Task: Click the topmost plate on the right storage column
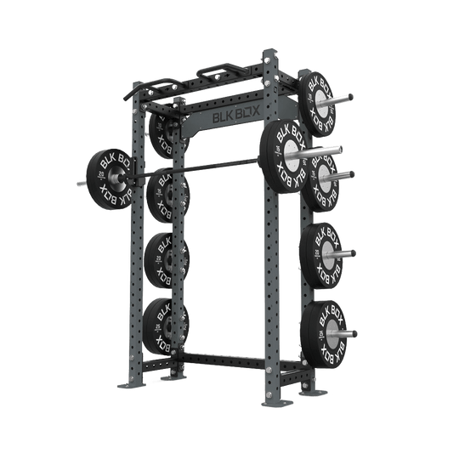pyautogui.click(x=321, y=96)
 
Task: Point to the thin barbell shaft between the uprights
pyautogui.click(x=204, y=168)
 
